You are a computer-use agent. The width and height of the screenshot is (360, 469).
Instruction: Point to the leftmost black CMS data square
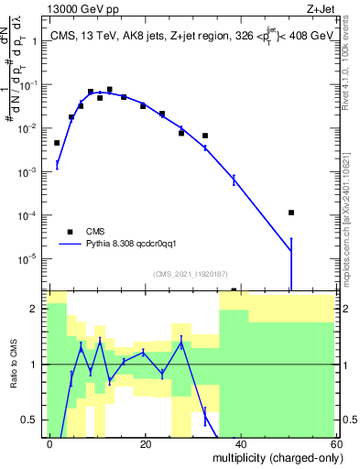pyautogui.click(x=57, y=143)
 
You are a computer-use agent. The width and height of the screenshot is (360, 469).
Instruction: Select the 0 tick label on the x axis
pyautogui.click(x=50, y=443)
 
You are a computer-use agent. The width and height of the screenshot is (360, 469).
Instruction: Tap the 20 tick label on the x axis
pyautogui.click(x=146, y=443)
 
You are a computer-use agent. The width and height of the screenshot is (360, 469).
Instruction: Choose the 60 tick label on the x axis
pyautogui.click(x=336, y=443)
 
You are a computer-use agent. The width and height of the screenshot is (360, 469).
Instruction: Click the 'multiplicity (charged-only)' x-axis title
pyautogui.click(x=272, y=457)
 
